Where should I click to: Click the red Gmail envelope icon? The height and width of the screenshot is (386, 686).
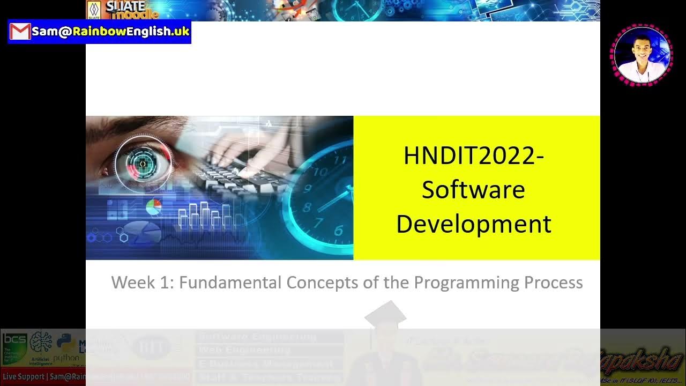click(x=20, y=32)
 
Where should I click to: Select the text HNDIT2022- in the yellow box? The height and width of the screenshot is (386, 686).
click(x=473, y=156)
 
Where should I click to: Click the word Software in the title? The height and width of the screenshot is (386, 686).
click(x=473, y=190)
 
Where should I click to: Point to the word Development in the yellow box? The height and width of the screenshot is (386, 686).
click(x=473, y=224)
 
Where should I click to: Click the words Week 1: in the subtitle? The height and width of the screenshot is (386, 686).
click(x=143, y=283)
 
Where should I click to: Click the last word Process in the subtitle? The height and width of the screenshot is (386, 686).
click(x=554, y=283)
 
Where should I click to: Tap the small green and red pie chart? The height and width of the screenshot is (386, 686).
click(x=154, y=206)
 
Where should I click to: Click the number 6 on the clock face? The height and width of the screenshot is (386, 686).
click(x=338, y=231)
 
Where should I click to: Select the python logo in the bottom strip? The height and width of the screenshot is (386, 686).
click(x=65, y=347)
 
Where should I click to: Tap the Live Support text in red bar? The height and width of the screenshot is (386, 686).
click(x=23, y=377)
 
